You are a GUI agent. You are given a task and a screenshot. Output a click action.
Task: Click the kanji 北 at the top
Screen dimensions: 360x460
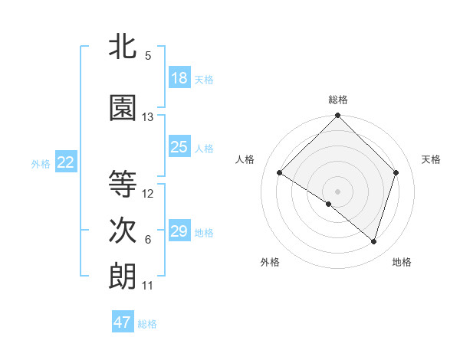123,46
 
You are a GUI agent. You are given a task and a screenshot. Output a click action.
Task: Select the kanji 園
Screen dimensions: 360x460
123,108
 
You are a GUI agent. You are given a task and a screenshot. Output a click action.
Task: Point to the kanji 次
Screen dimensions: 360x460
123,230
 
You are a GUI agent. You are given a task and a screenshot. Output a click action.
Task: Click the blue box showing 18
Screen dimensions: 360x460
179,78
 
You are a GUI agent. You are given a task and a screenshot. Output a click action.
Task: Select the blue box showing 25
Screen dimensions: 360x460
179,147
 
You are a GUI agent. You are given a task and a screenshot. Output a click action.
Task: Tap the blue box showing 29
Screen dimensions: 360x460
179,231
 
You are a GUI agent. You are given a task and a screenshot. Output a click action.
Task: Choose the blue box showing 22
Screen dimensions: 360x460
66,162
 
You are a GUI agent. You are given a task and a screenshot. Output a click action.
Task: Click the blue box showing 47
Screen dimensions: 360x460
123,322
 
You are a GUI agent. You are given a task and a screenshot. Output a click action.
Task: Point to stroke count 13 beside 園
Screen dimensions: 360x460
148,117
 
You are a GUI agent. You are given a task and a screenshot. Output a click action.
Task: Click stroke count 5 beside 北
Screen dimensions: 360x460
148,56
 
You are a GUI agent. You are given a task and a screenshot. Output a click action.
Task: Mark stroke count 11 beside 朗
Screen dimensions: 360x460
148,286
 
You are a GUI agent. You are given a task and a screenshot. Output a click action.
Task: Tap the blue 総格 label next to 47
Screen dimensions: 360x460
147,324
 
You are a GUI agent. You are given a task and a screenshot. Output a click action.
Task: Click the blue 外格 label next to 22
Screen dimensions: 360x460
41,163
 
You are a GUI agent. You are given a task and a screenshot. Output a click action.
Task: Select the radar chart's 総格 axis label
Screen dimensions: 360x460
337,100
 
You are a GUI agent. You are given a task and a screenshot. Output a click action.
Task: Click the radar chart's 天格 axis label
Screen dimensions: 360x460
431,159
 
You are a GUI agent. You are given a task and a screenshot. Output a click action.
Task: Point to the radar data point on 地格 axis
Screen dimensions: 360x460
373,241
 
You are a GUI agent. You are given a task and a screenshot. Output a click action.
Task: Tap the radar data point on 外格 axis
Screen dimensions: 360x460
329,204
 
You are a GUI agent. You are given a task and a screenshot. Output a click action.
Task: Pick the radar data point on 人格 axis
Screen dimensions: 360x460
280,173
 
